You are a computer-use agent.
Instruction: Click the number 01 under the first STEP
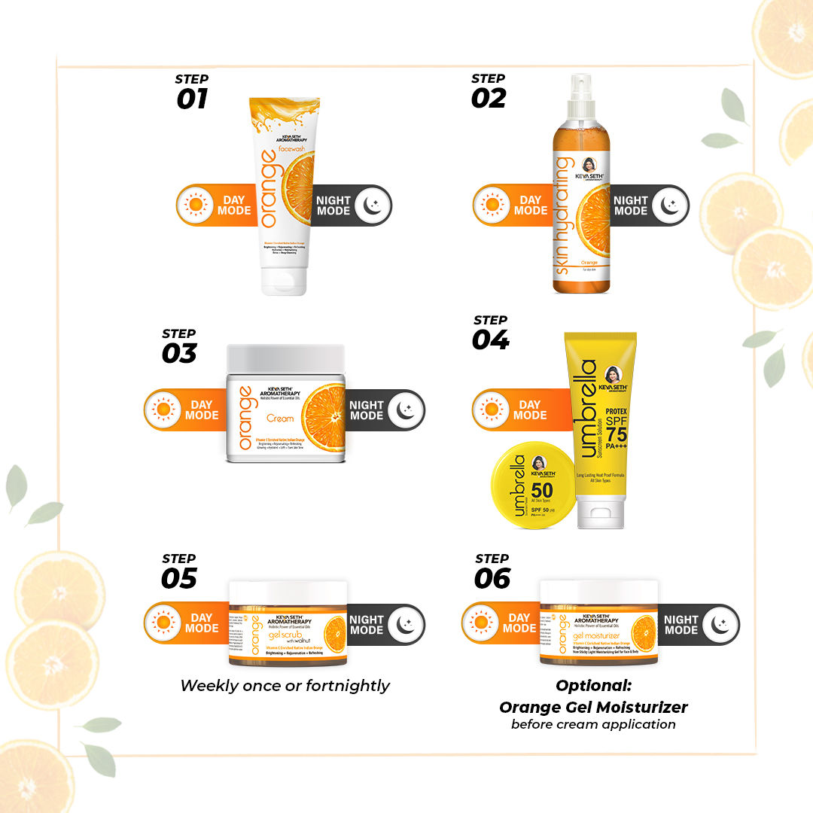[x=192, y=99]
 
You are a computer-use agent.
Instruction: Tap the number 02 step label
[x=489, y=99]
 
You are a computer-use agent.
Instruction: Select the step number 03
[x=179, y=353]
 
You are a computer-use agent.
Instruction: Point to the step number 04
[x=491, y=340]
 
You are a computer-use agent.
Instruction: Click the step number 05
[x=179, y=578]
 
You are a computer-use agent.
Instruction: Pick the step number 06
[x=492, y=578]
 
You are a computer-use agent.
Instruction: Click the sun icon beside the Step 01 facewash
[x=196, y=205]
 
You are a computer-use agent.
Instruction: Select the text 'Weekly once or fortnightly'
[x=285, y=685]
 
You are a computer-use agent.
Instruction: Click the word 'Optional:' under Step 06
[x=593, y=686]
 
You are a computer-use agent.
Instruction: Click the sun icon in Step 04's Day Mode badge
[x=492, y=410]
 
